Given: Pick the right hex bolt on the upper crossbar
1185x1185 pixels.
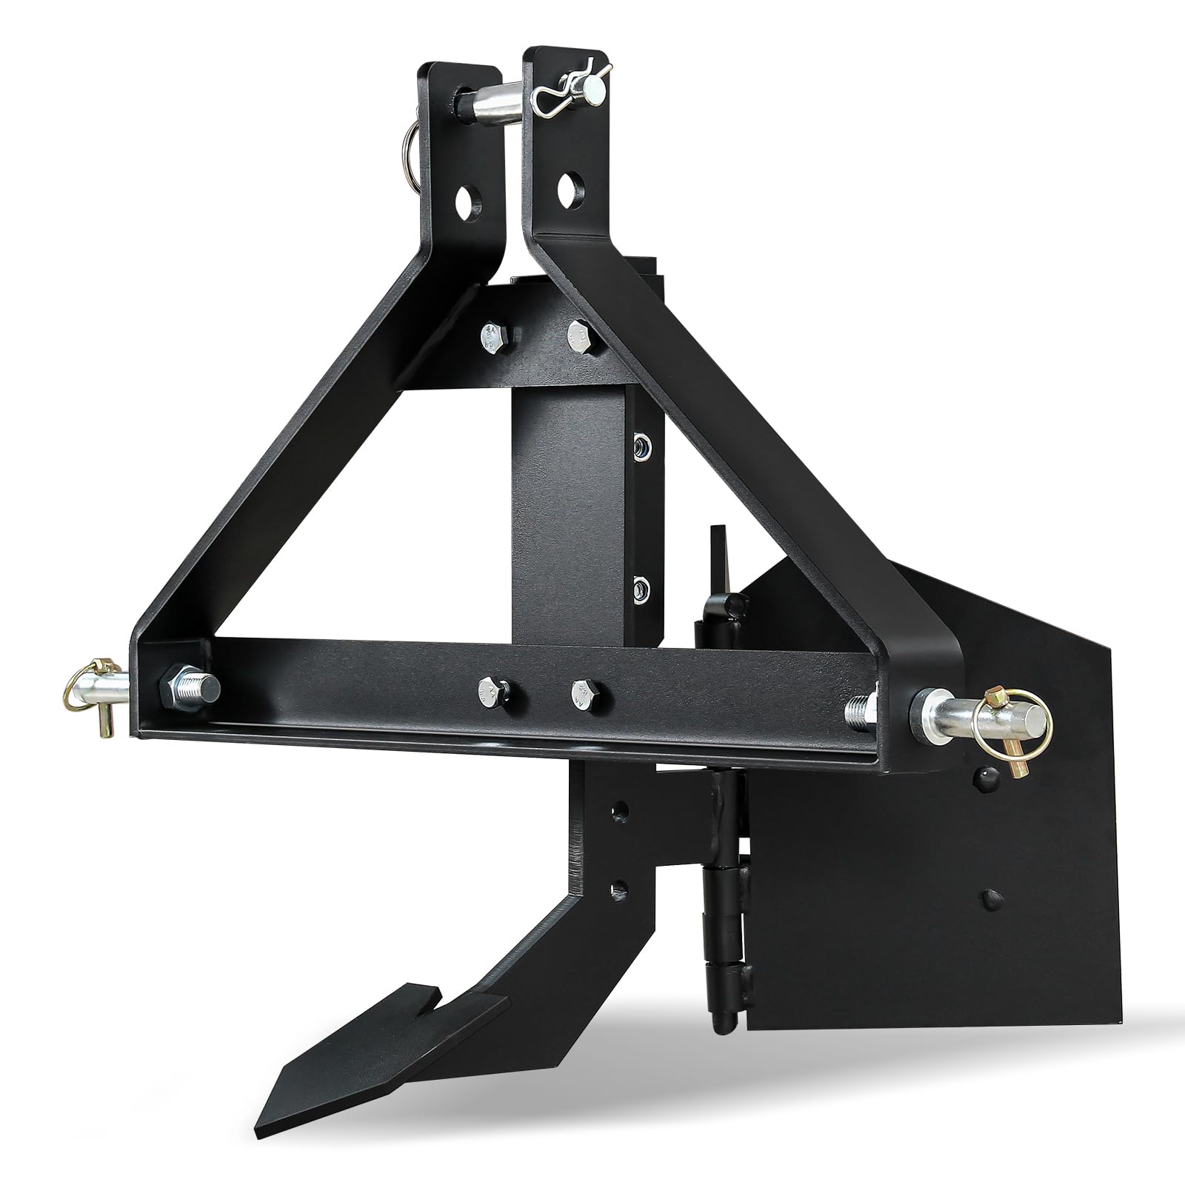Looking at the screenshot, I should click(582, 337).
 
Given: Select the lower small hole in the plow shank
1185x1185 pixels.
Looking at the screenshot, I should click(619, 887).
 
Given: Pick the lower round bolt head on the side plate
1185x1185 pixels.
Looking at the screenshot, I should click(990, 901).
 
